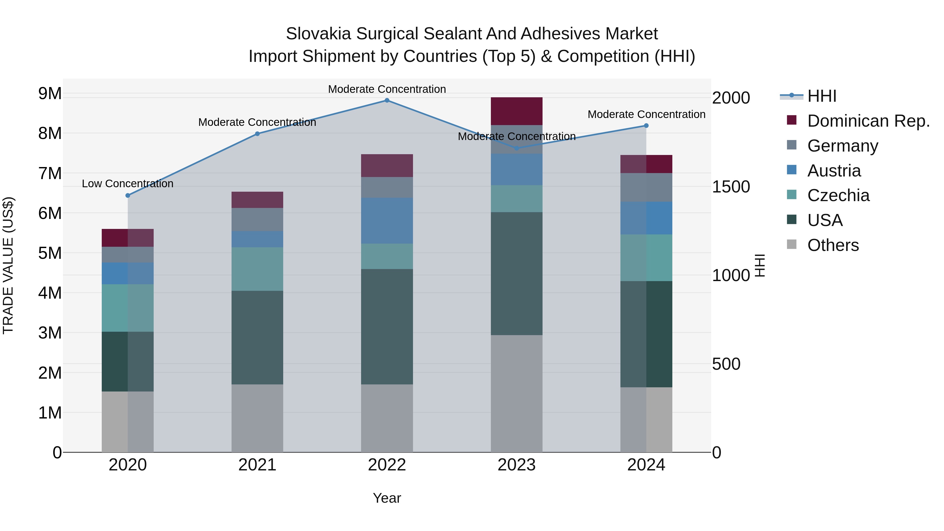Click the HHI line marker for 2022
pos(387,100)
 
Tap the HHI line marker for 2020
pos(127,195)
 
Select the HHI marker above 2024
pos(646,126)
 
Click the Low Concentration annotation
pos(127,184)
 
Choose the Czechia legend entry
pos(838,195)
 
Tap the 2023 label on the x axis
pos(516,465)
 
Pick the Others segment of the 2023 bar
pos(516,393)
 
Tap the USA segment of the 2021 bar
pos(257,337)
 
